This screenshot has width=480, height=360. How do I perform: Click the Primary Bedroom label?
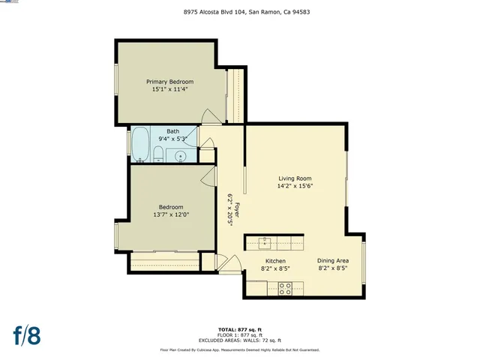(169, 82)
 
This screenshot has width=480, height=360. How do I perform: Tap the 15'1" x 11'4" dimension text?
(169, 89)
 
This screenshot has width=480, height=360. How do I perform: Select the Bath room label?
(172, 130)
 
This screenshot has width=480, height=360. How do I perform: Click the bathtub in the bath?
(140, 144)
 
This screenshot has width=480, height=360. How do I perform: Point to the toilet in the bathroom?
(158, 154)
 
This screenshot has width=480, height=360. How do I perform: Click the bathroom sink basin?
(181, 156)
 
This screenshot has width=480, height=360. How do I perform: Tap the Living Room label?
(295, 178)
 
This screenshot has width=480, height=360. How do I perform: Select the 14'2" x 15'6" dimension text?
(295, 186)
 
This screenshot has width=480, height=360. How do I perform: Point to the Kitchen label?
(274, 261)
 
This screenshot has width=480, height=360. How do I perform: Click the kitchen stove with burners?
(286, 287)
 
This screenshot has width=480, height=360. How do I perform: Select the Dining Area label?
(332, 261)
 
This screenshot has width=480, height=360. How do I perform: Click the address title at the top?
(239, 12)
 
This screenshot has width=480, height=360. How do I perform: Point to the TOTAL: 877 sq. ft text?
(239, 329)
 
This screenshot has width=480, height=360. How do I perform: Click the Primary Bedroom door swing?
(211, 117)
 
